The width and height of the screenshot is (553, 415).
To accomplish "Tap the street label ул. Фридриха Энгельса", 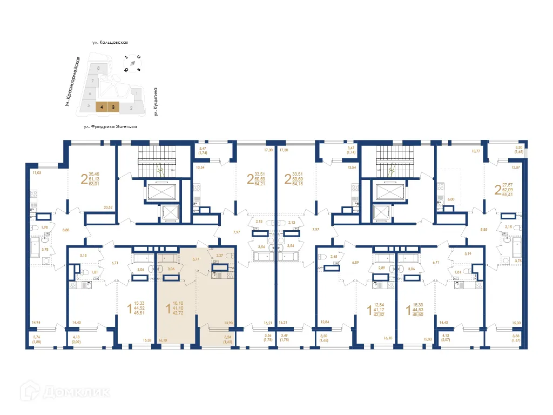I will (110, 126).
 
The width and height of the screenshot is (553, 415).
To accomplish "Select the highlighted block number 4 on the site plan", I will (101, 107).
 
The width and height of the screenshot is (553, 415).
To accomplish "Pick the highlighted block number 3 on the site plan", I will (113, 107).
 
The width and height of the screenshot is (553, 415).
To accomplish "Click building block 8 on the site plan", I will (98, 68).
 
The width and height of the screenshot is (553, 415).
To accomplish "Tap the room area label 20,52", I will (109, 207).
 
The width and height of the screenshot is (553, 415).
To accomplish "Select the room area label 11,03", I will (37, 173).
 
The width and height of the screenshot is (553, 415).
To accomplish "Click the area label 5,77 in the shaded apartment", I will (196, 259).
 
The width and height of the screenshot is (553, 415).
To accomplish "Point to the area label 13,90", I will (228, 323).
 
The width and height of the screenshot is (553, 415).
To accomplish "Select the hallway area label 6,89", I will (355, 262).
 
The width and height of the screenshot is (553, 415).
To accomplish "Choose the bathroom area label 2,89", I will (381, 268).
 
